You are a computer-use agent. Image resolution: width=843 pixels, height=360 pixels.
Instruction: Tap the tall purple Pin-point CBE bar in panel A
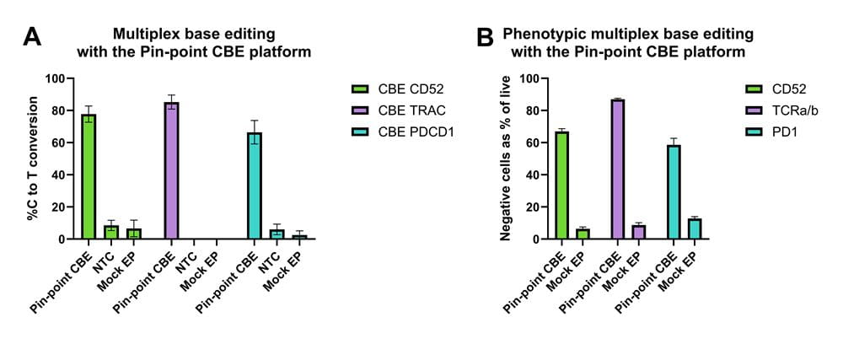(x=171, y=171)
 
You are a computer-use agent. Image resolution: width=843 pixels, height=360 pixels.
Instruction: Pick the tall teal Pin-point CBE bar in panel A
(x=254, y=186)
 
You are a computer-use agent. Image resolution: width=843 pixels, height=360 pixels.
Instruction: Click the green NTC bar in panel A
(x=111, y=233)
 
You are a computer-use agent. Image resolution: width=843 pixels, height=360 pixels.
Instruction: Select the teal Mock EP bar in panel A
(x=300, y=237)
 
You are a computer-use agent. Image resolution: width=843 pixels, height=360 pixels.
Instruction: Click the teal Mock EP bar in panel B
(x=694, y=229)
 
